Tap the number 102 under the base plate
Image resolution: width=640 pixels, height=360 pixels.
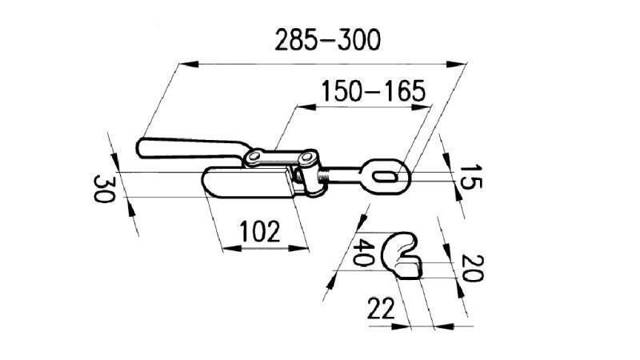(x=260, y=233)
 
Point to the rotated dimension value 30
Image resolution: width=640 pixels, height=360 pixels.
(x=102, y=190)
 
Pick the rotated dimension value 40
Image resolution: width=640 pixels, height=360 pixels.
(x=365, y=253)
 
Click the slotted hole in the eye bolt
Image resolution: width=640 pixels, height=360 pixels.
(x=387, y=173)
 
